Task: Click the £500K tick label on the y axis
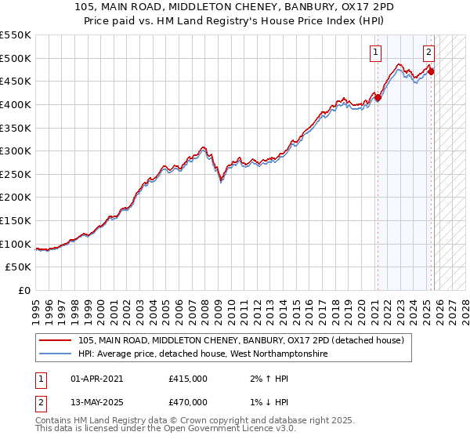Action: (x=16, y=58)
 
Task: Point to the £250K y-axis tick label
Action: (x=16, y=174)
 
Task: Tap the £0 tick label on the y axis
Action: (x=24, y=290)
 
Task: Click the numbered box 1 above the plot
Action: (x=376, y=53)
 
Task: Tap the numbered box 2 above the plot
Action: (x=429, y=53)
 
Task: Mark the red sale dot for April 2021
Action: (x=378, y=98)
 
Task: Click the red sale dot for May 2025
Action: (x=431, y=72)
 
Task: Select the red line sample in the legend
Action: (x=56, y=340)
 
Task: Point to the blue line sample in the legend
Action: (x=56, y=354)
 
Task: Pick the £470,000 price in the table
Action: (x=188, y=402)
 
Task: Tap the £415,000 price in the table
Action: (x=188, y=379)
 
